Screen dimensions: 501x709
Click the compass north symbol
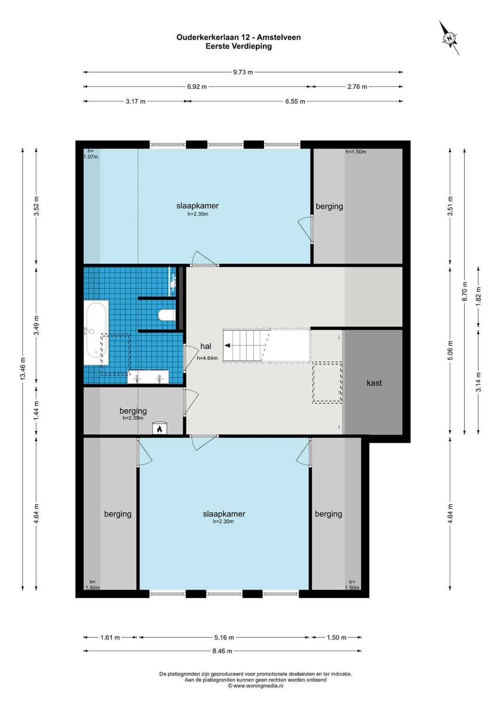[449, 39]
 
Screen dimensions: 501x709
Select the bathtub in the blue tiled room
[96, 333]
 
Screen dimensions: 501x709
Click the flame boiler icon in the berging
[160, 429]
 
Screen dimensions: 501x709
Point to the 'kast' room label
[374, 383]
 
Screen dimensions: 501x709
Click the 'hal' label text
[206, 346]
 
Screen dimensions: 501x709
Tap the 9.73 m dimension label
[243, 72]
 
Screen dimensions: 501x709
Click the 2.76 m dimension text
[357, 87]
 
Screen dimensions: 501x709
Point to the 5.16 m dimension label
[224, 638]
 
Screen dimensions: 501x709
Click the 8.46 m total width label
[223, 651]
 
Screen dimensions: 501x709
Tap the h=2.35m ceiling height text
[198, 214]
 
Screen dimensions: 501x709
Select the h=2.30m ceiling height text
[224, 521]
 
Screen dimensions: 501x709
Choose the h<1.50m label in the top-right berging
[356, 152]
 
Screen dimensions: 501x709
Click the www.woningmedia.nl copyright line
[256, 686]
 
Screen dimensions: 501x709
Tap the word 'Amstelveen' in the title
[279, 37]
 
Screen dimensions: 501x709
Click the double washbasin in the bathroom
[148, 377]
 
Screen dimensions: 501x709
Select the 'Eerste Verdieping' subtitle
[238, 46]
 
